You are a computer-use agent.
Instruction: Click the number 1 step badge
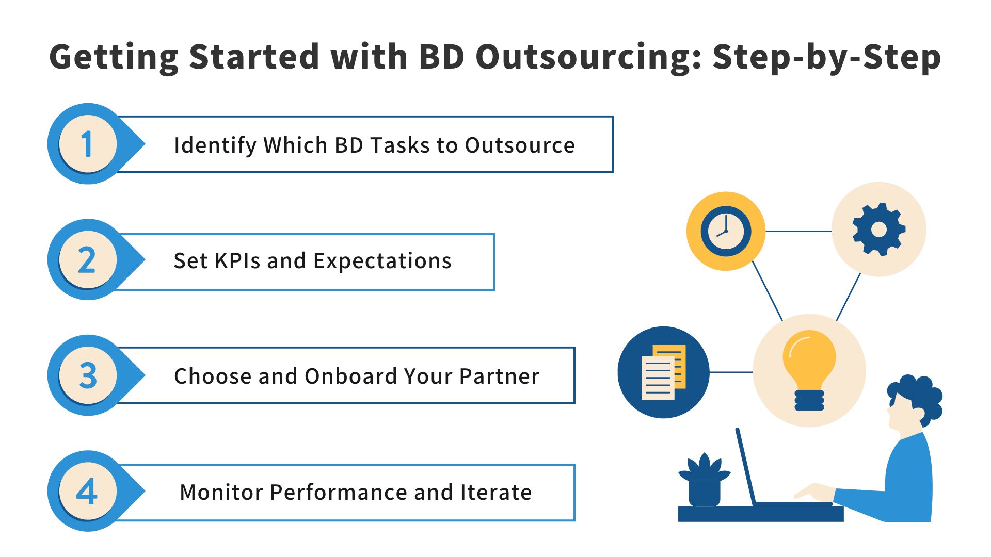[x=88, y=144]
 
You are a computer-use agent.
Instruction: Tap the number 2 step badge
[x=88, y=259]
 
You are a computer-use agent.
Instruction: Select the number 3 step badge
[x=88, y=375]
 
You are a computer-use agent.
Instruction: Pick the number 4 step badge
[x=88, y=491]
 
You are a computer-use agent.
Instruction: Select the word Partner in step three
[x=499, y=376]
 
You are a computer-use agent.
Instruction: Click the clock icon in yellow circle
[x=725, y=231]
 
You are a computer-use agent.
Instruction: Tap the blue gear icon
[x=878, y=230]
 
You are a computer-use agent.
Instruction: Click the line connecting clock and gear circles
[x=798, y=231]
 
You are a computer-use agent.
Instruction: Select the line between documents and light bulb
[x=731, y=372]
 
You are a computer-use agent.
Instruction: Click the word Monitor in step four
[x=221, y=492]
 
